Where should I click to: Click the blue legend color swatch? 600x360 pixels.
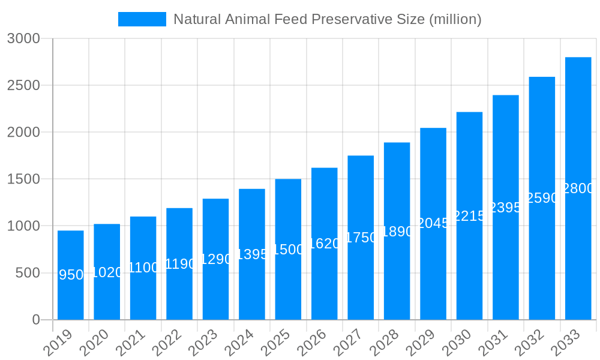[x=142, y=19]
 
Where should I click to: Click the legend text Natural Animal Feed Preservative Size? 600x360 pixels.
[x=328, y=19]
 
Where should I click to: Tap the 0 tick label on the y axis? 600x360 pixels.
[x=36, y=320]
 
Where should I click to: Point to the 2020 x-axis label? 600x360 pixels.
[x=95, y=343]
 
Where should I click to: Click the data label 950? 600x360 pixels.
[x=71, y=275]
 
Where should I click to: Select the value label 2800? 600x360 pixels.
[x=578, y=188]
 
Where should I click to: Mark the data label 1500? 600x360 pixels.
[x=288, y=250]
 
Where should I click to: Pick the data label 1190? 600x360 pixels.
[x=179, y=264]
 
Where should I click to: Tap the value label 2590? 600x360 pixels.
[x=542, y=198]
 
